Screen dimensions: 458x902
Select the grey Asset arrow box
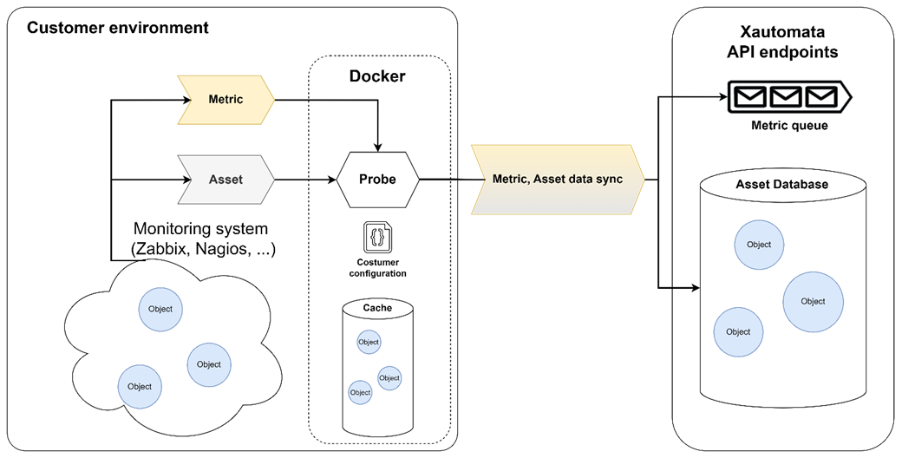(225, 180)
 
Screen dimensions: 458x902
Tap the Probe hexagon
(378, 180)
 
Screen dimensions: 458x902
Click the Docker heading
(377, 76)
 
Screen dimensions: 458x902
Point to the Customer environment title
(118, 28)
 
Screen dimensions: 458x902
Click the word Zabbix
(164, 250)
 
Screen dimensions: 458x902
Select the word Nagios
(225, 250)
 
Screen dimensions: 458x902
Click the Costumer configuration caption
(378, 267)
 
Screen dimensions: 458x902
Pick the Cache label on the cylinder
(377, 308)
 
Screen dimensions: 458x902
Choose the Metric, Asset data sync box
(555, 180)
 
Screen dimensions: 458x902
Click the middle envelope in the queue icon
(783, 95)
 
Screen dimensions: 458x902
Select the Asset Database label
(781, 185)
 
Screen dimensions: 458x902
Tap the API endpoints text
(783, 52)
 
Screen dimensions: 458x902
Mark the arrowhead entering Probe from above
(378, 143)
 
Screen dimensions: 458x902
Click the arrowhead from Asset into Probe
(331, 180)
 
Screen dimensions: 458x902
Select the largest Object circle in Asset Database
(813, 301)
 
